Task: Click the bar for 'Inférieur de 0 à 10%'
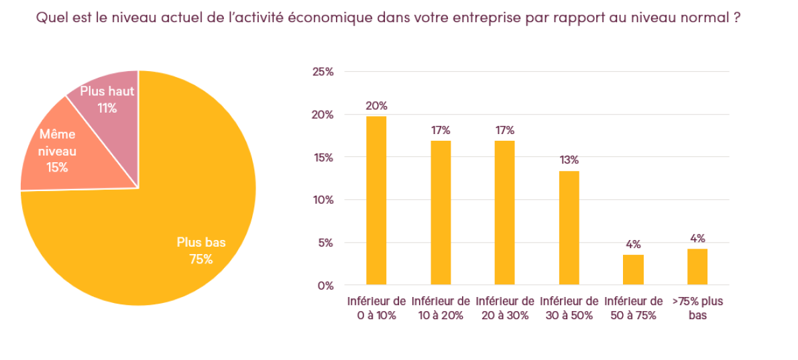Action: click(x=376, y=200)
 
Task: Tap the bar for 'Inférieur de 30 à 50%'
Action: click(x=569, y=228)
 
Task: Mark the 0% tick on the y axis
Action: click(x=326, y=286)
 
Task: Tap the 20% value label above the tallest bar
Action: click(x=376, y=105)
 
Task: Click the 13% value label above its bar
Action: click(x=569, y=160)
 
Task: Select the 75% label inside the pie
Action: click(x=201, y=259)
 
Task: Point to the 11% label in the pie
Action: click(x=107, y=107)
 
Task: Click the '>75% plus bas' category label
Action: click(x=697, y=308)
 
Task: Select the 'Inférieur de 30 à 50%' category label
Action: click(x=569, y=308)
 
